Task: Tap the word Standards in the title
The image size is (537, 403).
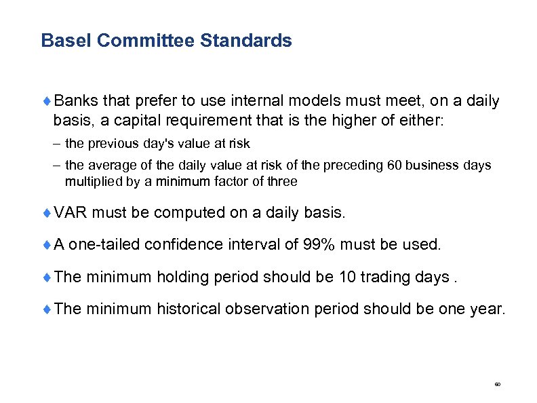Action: coord(246,41)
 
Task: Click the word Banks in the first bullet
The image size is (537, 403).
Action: coord(76,101)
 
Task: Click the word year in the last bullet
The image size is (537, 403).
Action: coord(485,309)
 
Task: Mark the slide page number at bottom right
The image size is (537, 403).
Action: coord(497,385)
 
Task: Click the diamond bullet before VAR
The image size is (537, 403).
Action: coord(47,212)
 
